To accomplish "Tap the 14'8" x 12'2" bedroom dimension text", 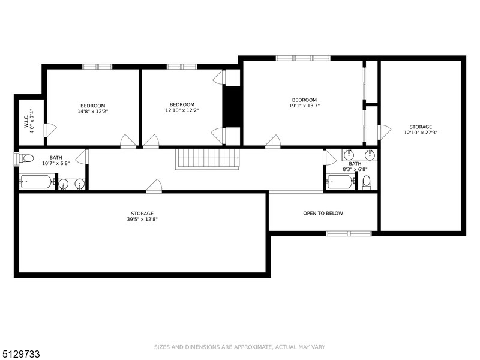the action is pos(93,112).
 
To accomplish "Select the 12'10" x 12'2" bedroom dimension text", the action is pos(182,110).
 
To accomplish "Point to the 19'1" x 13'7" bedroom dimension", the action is pos(304,106).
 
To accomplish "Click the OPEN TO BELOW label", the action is pos(323,214).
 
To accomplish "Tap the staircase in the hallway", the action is pos(208,159).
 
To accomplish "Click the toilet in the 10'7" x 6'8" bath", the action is pos(26,158).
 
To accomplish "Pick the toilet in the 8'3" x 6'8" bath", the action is pos(367,183).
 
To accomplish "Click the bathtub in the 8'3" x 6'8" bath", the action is pos(341,182).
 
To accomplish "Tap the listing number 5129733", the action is pos(20,354).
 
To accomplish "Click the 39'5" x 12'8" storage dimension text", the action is pos(142,219).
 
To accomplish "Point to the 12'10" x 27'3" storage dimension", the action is pos(421,133).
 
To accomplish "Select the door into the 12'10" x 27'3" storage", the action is pos(384,132).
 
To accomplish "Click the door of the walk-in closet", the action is pos(50,130).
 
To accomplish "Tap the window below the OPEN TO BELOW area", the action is pos(349,233).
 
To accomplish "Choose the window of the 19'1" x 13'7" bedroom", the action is pos(303,58).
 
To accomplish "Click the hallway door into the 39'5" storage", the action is pos(154,186).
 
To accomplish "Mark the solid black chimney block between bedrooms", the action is pos(232,107).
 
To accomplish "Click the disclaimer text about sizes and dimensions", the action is pos(239,347).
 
